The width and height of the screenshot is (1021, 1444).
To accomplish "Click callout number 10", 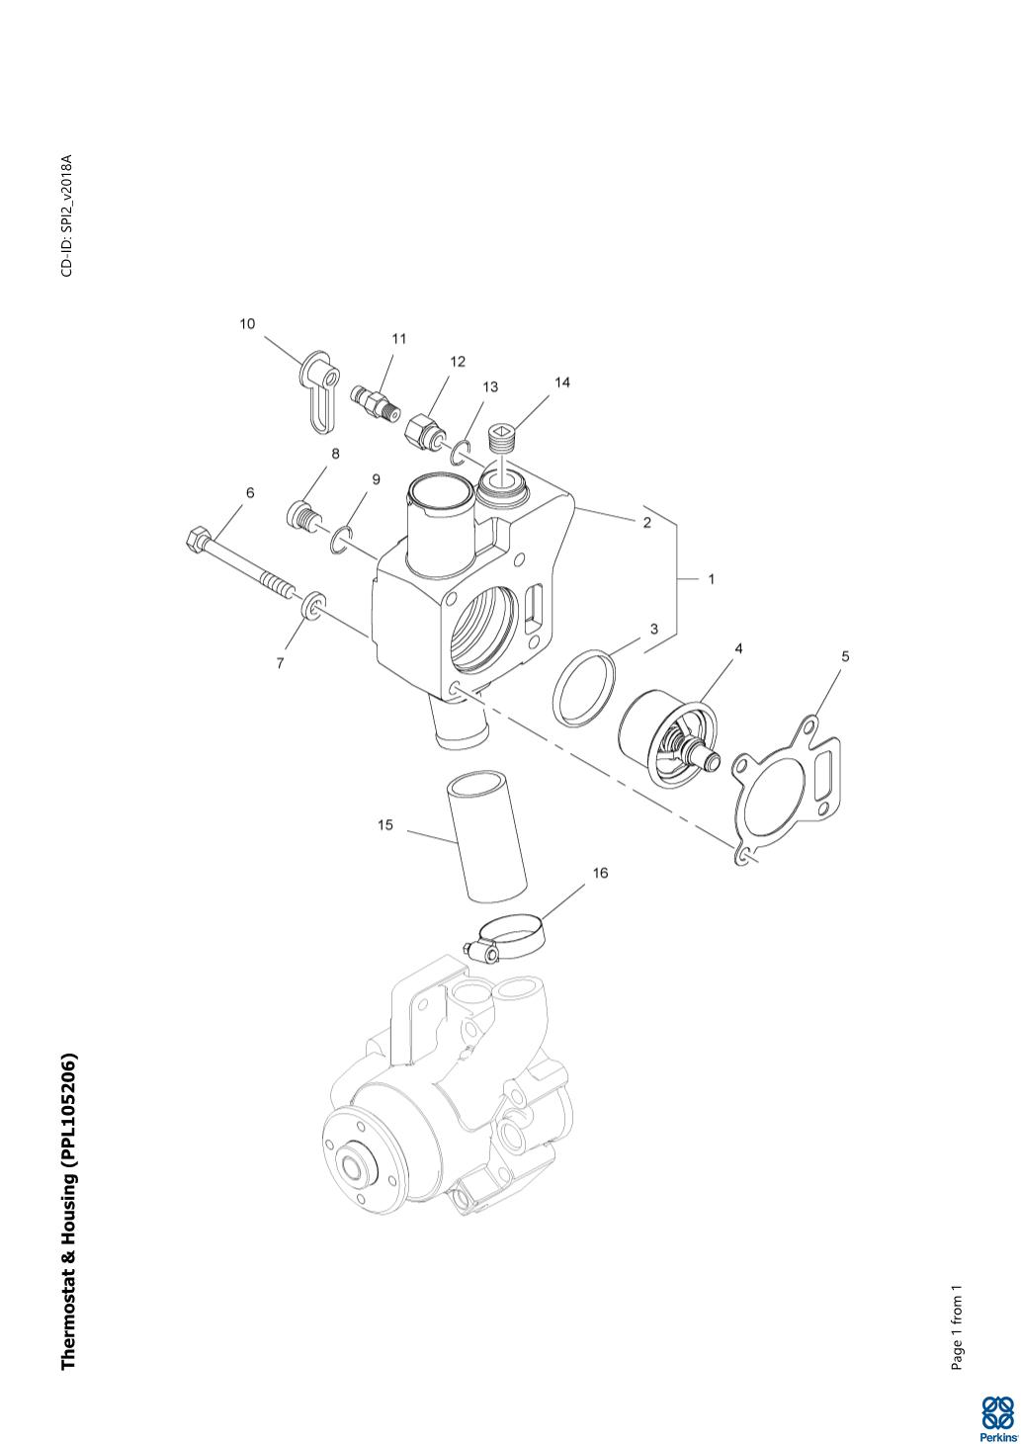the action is point(247,323).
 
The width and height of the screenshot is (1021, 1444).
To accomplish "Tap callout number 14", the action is point(562,382).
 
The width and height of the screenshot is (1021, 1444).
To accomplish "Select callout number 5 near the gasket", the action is point(845,656).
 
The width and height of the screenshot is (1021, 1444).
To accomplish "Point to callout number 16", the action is point(600,873).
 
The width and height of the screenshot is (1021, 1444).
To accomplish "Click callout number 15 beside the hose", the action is point(385,825).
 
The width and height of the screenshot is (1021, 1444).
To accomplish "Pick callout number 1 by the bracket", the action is point(711,579).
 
